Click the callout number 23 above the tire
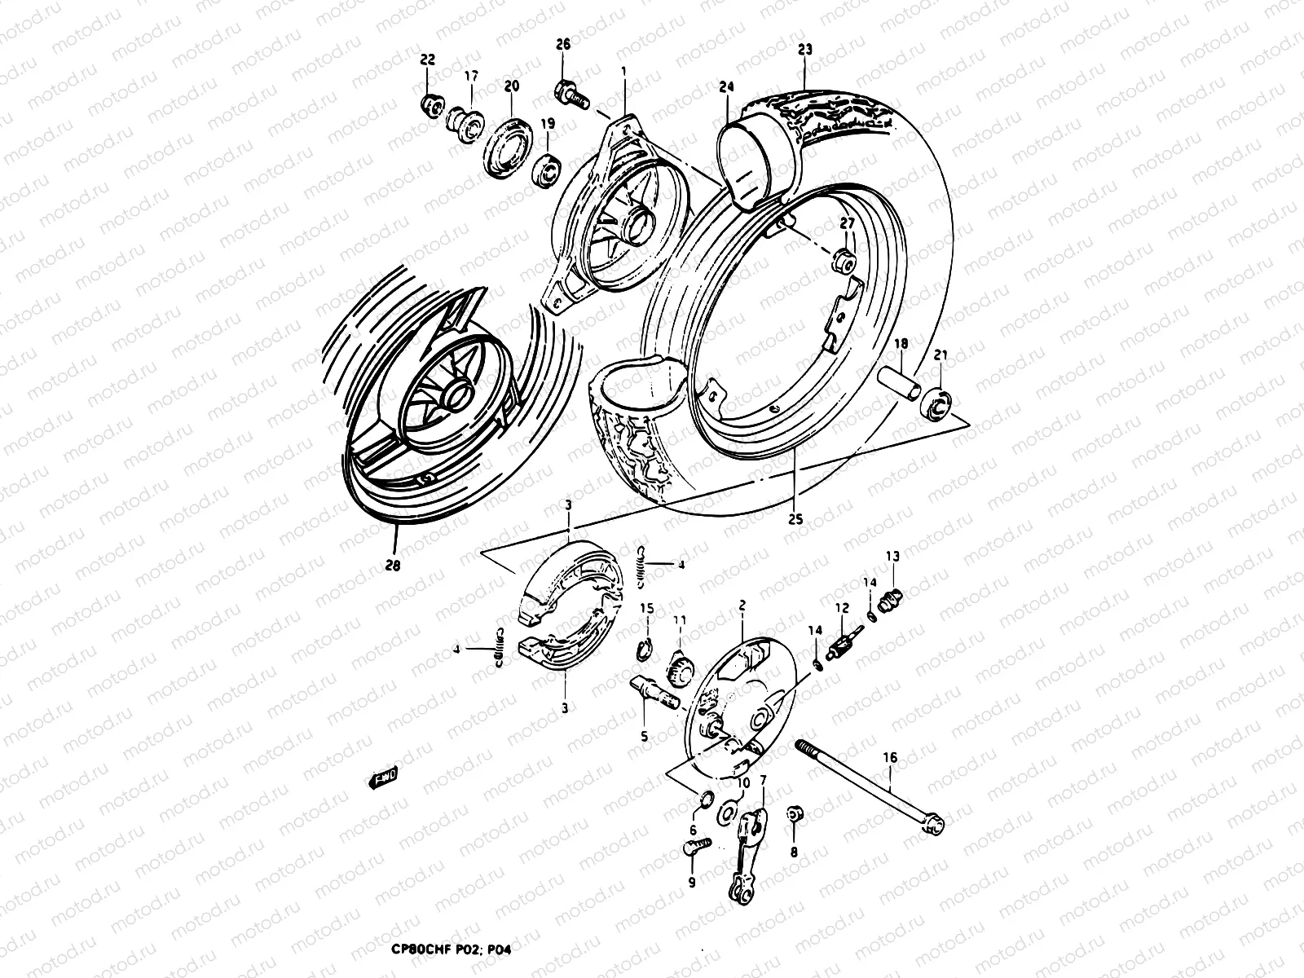tap(805, 50)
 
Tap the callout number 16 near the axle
tap(890, 758)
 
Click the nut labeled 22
tap(432, 104)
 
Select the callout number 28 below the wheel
tap(394, 562)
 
